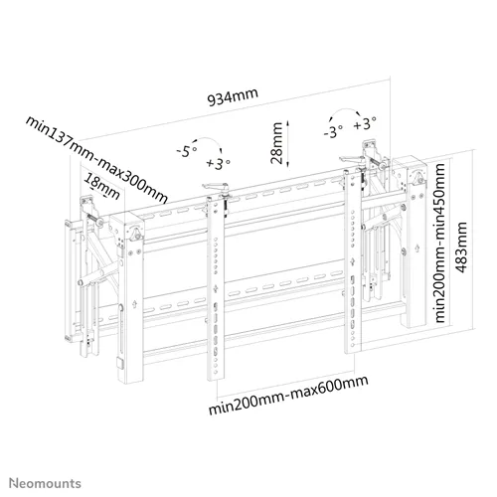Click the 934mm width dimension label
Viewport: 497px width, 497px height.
(x=233, y=96)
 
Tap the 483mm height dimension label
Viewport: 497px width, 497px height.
(x=461, y=248)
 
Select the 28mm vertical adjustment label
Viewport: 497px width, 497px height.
(x=276, y=143)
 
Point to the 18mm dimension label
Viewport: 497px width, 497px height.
(x=101, y=187)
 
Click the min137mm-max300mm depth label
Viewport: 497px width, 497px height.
(x=96, y=159)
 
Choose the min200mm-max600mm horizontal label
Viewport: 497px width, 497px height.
(x=288, y=395)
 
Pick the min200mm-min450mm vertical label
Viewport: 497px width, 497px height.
(x=440, y=243)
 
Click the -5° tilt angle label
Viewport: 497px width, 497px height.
(x=187, y=151)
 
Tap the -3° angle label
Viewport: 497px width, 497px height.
(x=333, y=132)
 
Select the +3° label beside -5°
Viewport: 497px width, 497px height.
(x=218, y=163)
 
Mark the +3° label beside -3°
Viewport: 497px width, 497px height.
(x=365, y=124)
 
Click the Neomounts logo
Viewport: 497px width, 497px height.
(x=45, y=483)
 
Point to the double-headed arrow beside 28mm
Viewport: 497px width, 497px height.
(x=288, y=143)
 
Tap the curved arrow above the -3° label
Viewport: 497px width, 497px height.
(x=345, y=111)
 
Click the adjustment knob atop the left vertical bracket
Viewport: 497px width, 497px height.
(x=216, y=188)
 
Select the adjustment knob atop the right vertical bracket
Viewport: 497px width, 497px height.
(x=354, y=160)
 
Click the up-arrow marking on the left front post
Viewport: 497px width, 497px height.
(x=134, y=304)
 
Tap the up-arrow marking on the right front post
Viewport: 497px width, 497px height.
(x=417, y=248)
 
